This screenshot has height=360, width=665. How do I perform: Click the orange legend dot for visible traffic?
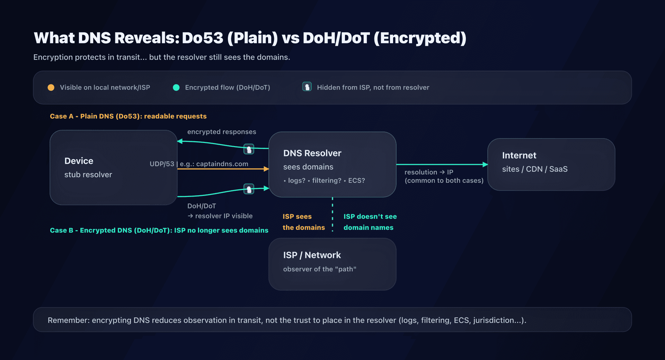tap(51, 88)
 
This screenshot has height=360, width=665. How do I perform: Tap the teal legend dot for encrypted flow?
tap(176, 88)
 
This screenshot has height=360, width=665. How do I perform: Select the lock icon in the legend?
tap(307, 87)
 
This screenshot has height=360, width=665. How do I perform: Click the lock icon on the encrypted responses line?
tap(249, 149)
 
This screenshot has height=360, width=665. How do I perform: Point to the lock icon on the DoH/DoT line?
tap(249, 189)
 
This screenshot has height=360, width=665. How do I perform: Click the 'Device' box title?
tap(79, 161)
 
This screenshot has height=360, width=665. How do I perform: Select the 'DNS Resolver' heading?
tap(312, 153)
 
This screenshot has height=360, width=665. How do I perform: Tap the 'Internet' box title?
tap(519, 155)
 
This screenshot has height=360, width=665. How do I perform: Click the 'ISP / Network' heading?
tap(312, 255)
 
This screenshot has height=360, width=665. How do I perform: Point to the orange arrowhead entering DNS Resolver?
tap(266, 169)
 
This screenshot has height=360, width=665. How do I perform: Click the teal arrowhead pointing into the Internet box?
tap(485, 164)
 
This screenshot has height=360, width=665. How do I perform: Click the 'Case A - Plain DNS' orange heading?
tap(128, 116)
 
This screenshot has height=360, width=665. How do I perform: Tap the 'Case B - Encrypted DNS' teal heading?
tap(159, 230)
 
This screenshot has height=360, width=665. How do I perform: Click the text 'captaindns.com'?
tap(222, 164)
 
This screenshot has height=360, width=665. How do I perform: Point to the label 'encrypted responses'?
tap(222, 132)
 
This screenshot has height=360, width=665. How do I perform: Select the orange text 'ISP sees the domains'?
tap(303, 222)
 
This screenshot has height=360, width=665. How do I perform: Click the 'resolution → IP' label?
tap(429, 172)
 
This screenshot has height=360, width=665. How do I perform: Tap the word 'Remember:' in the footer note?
tap(69, 320)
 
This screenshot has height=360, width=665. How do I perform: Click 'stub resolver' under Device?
tap(88, 175)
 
